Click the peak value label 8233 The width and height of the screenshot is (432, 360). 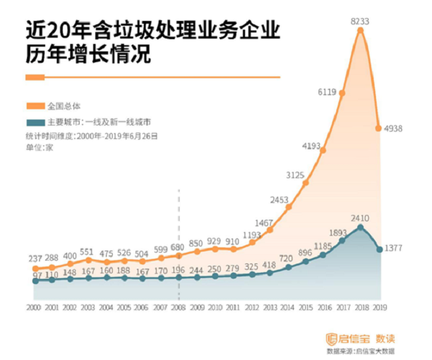(x=359, y=22)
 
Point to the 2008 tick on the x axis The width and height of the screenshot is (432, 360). (x=178, y=308)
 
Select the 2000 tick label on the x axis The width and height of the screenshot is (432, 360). (x=34, y=308)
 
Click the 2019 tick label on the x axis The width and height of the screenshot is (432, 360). (x=379, y=308)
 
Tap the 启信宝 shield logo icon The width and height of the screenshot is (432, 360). (x=331, y=338)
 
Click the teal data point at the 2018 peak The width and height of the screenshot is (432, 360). (x=361, y=228)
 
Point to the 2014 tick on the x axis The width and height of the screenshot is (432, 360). (x=288, y=308)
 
